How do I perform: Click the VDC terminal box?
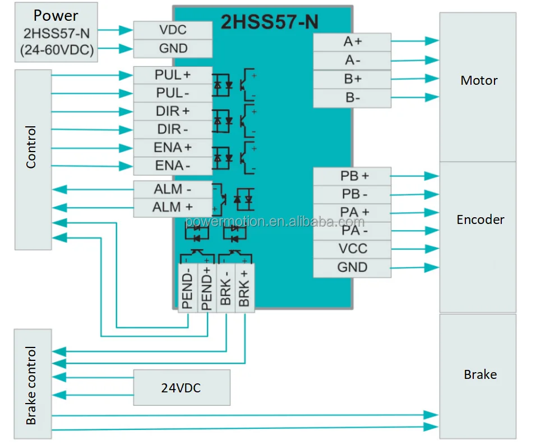click(x=173, y=30)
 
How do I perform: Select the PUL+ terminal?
click(x=173, y=75)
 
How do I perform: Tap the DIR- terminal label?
click(x=173, y=130)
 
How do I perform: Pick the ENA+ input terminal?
click(x=173, y=148)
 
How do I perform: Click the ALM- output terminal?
click(x=173, y=190)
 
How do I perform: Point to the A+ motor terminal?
click(x=352, y=42)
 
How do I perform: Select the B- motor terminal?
click(x=352, y=98)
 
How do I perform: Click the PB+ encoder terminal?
click(x=352, y=176)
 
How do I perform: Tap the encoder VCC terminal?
click(x=352, y=249)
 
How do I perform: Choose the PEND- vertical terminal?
click(x=188, y=288)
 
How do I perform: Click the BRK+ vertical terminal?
click(x=245, y=288)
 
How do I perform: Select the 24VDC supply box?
click(x=182, y=387)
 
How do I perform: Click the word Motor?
click(x=479, y=81)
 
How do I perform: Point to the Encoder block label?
click(x=480, y=220)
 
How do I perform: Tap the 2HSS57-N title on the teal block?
click(x=269, y=22)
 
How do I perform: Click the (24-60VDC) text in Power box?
click(x=57, y=50)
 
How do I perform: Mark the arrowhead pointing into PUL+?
click(x=126, y=75)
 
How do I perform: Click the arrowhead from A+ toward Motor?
click(x=432, y=41)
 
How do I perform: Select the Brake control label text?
click(x=31, y=385)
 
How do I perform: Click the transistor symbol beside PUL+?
click(x=248, y=84)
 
